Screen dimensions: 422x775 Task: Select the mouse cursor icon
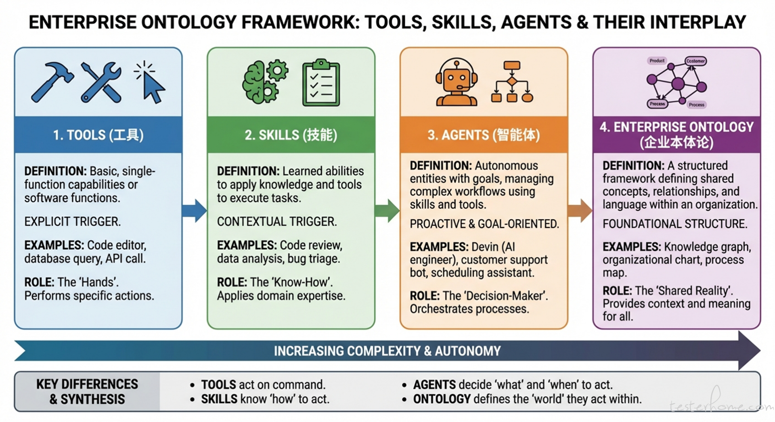pyautogui.click(x=150, y=84)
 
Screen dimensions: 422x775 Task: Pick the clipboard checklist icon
pyautogui.click(x=321, y=83)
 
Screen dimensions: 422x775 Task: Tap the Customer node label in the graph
pyautogui.click(x=695, y=61)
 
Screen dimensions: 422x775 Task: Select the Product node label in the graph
pyautogui.click(x=657, y=61)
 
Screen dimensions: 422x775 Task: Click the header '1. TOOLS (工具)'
pyautogui.click(x=98, y=135)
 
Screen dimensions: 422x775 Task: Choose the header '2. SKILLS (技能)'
pyautogui.click(x=291, y=135)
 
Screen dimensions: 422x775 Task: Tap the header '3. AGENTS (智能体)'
pyautogui.click(x=484, y=135)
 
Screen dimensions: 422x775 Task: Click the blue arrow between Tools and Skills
pyautogui.click(x=195, y=210)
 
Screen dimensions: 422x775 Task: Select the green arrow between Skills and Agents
pyautogui.click(x=387, y=210)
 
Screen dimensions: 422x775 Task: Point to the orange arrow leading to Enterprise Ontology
pyautogui.click(x=580, y=210)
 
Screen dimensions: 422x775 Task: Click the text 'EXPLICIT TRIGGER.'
pyautogui.click(x=72, y=221)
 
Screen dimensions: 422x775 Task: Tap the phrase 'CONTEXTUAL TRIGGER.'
pyautogui.click(x=277, y=221)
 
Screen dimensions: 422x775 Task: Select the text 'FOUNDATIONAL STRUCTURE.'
pyautogui.click(x=675, y=224)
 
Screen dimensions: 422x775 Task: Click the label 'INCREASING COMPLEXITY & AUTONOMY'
pyautogui.click(x=387, y=351)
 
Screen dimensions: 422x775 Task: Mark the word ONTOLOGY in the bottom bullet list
pyautogui.click(x=442, y=399)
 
